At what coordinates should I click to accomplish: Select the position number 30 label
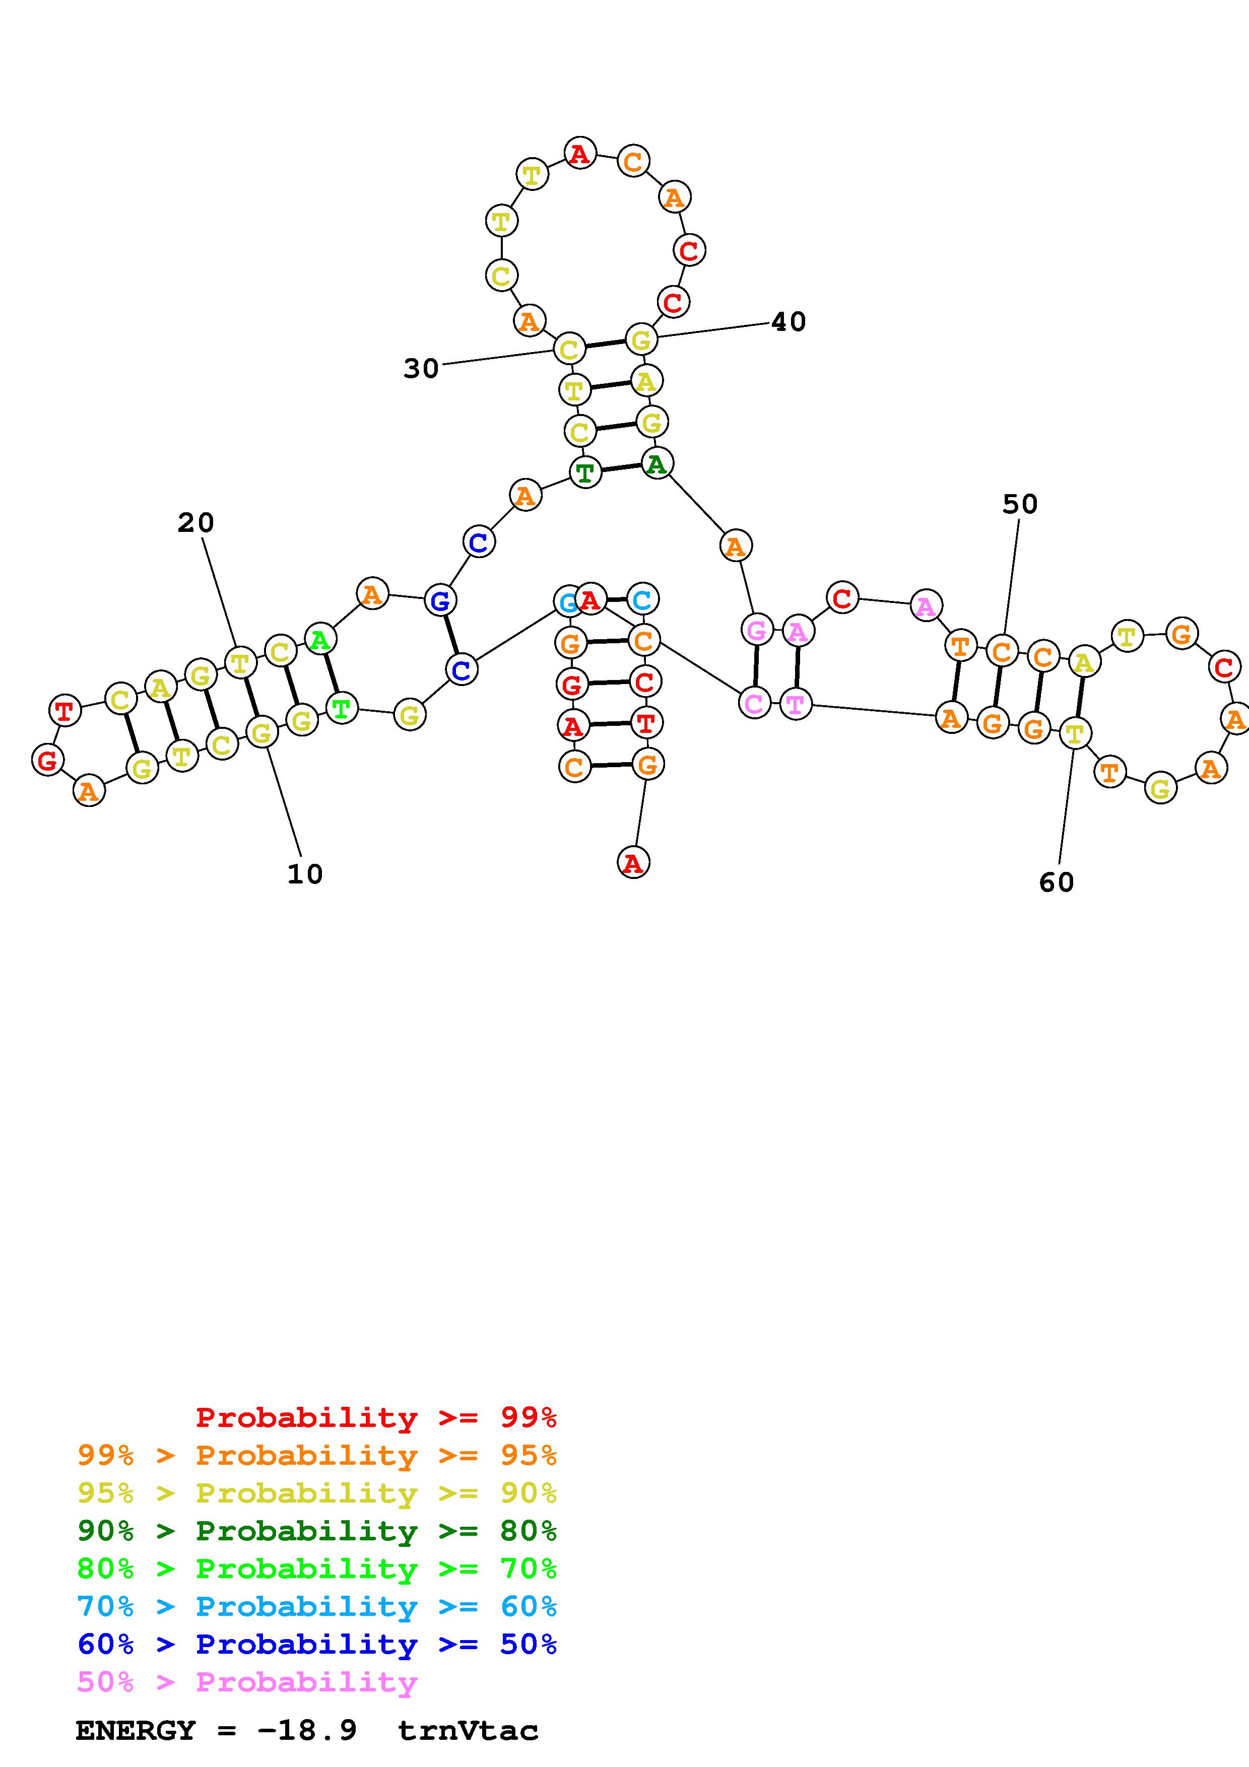click(421, 369)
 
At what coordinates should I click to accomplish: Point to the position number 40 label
click(789, 322)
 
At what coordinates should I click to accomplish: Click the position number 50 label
click(1020, 505)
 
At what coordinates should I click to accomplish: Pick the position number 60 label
click(1056, 882)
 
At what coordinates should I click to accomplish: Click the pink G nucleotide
click(756, 630)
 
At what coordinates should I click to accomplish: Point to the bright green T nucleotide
click(341, 707)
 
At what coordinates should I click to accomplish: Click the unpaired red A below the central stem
click(633, 863)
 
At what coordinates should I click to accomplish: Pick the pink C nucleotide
click(754, 703)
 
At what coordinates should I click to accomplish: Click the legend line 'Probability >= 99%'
click(376, 1417)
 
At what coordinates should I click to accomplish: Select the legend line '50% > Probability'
click(247, 1682)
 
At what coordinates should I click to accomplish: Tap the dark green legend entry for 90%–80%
click(317, 1531)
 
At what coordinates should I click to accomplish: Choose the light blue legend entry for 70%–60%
click(317, 1606)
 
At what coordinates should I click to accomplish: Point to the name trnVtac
click(468, 1731)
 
